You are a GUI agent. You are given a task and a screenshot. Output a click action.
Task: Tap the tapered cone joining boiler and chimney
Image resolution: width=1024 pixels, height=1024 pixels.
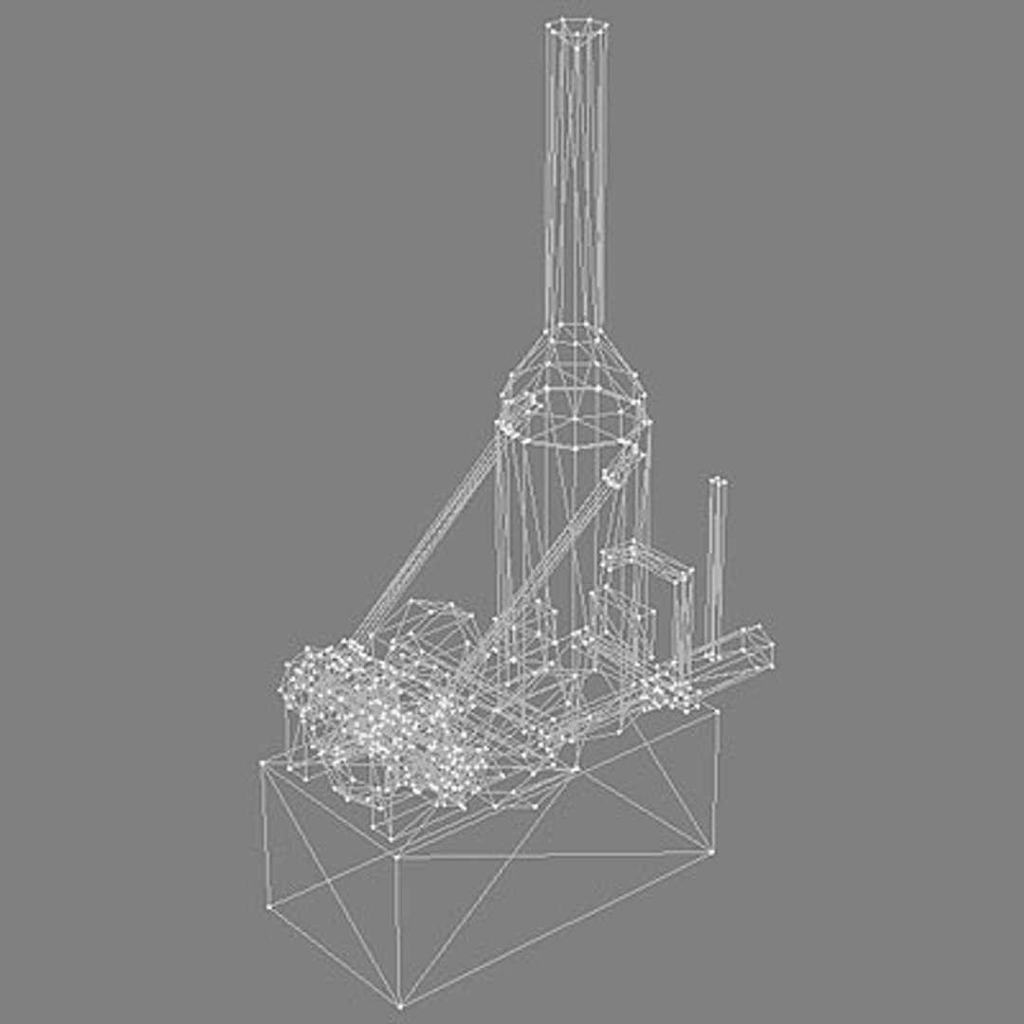(576, 356)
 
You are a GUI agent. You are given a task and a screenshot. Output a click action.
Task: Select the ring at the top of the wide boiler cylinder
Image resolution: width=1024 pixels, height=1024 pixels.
(576, 417)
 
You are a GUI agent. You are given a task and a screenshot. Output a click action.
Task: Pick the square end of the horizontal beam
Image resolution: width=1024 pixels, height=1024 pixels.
(759, 646)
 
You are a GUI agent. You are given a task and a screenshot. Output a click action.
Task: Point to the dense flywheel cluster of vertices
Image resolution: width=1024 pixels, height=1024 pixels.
(379, 721)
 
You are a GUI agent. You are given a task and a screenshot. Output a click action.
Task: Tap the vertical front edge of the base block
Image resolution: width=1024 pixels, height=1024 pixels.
(396, 929)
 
